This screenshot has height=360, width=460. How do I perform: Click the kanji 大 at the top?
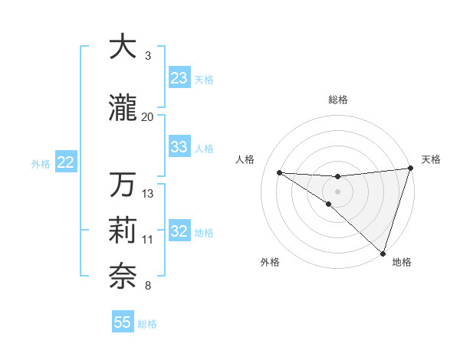pyautogui.click(x=123, y=47)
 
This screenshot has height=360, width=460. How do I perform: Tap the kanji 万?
pyautogui.click(x=123, y=184)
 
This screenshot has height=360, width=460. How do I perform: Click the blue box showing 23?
pyautogui.click(x=179, y=78)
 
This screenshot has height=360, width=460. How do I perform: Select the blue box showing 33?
pyautogui.click(x=179, y=147)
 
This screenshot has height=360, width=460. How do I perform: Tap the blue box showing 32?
pyautogui.click(x=179, y=231)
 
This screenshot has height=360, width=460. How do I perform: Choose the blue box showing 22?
pyautogui.click(x=66, y=162)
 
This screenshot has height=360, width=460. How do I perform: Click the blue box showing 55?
pyautogui.click(x=123, y=322)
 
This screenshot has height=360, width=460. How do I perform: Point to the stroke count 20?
pyautogui.click(x=147, y=117)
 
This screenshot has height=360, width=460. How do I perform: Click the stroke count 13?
pyautogui.click(x=148, y=194)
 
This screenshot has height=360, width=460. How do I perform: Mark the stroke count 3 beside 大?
pyautogui.click(x=147, y=57)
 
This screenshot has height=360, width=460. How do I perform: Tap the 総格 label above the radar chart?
pyautogui.click(x=337, y=100)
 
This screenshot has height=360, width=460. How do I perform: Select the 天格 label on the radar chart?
pyautogui.click(x=431, y=159)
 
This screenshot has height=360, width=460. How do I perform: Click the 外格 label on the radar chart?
pyautogui.click(x=270, y=263)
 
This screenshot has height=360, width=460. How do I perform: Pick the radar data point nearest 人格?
pyautogui.click(x=279, y=172)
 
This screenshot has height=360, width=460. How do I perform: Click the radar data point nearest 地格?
pyautogui.click(x=383, y=254)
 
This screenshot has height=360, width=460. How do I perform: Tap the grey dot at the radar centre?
pyautogui.click(x=337, y=190)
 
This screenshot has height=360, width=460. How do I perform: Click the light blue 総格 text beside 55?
pyautogui.click(x=147, y=324)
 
